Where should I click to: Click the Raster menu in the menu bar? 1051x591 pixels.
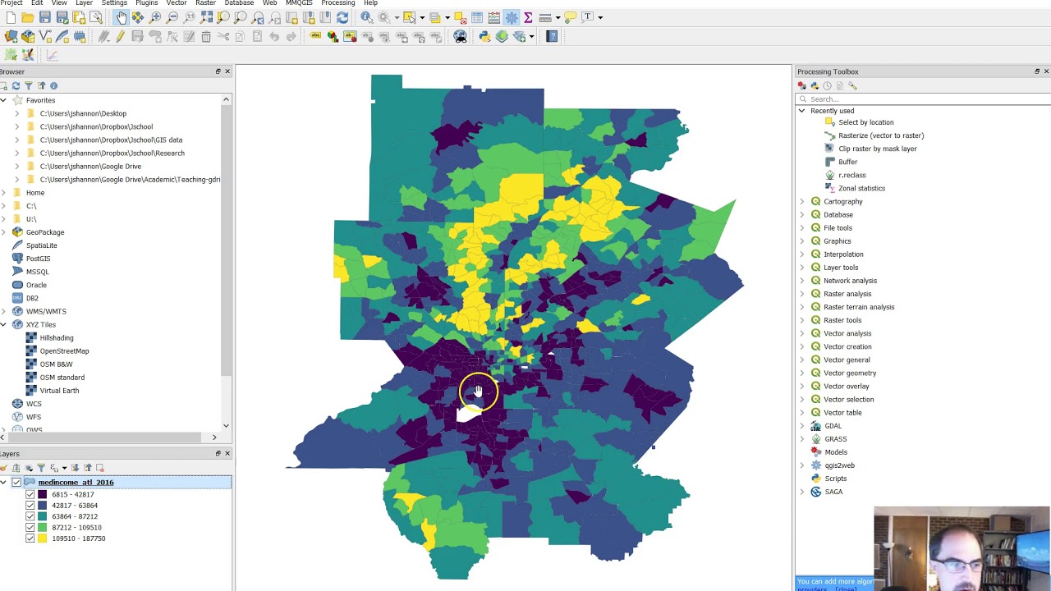[205, 3]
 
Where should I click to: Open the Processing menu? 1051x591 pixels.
[337, 3]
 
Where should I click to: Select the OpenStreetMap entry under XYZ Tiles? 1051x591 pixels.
[64, 350]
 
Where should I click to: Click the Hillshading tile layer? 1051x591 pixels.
[56, 337]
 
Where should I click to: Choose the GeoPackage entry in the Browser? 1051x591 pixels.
[44, 232]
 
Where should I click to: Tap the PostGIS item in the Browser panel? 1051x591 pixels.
[38, 259]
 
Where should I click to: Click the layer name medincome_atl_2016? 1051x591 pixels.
[76, 482]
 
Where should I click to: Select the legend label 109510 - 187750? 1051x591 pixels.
[78, 538]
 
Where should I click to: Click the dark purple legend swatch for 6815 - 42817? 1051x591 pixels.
[42, 495]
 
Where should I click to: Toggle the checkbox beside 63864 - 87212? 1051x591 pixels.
[30, 516]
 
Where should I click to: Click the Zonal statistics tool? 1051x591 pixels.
[861, 188]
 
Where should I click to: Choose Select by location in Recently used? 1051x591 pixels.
[865, 122]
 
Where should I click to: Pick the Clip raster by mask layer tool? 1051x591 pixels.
[877, 149]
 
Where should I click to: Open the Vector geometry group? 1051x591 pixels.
[849, 373]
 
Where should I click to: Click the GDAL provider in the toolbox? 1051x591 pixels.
[833, 426]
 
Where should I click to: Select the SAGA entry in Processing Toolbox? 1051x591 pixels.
[833, 492]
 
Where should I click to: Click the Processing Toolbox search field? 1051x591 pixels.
[924, 98]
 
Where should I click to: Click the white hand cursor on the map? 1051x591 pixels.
[478, 392]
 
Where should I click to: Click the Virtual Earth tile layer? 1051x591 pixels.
[59, 391]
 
